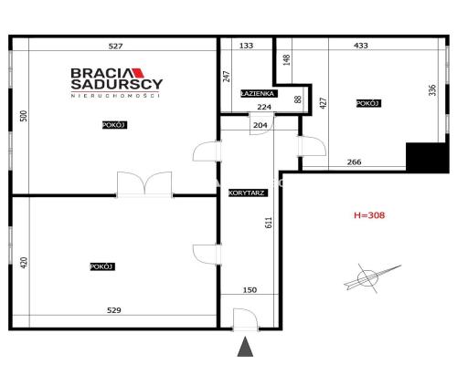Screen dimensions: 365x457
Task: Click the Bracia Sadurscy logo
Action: point(116,80)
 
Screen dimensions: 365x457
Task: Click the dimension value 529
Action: point(114,310)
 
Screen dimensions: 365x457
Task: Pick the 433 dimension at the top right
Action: point(360,45)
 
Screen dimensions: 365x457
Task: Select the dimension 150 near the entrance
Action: point(249,291)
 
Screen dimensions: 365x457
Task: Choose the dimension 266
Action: point(354,162)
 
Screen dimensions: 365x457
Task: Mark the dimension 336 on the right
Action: point(432,90)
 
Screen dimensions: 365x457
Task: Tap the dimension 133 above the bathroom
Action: point(246,45)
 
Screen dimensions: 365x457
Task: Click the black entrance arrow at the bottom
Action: point(244,346)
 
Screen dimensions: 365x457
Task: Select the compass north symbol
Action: point(371,276)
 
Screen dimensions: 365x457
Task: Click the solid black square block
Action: point(427,159)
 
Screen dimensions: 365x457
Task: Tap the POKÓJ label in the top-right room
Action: point(367,104)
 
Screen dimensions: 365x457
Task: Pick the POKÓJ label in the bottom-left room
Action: point(101,266)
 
